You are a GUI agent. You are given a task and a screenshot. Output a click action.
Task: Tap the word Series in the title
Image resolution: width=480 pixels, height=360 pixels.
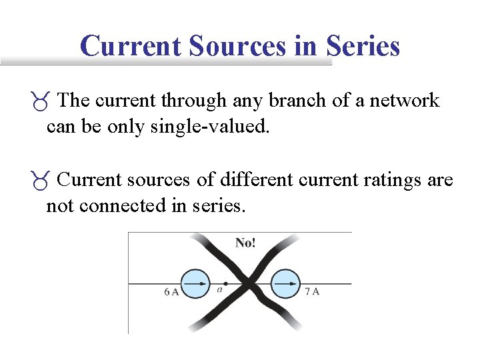(363, 46)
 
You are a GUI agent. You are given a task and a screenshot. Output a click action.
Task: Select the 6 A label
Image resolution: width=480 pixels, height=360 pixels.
(171, 291)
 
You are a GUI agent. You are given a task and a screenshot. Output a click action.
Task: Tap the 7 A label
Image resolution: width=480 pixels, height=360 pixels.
(311, 291)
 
